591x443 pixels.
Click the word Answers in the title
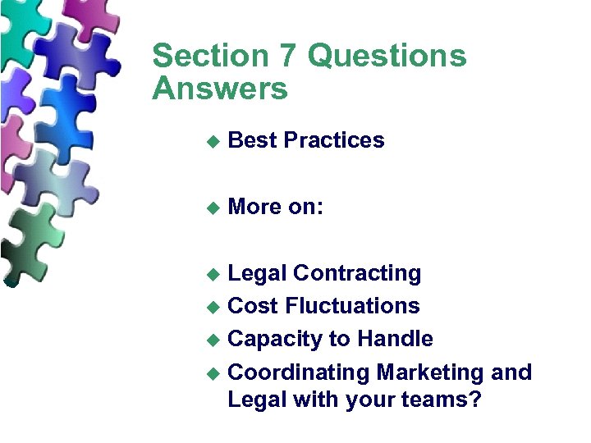pos(220,88)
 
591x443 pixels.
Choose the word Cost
pos(253,306)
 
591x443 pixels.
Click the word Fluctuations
pos(352,306)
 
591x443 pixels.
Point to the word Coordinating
pos(299,372)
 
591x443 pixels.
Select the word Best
pos(252,140)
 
